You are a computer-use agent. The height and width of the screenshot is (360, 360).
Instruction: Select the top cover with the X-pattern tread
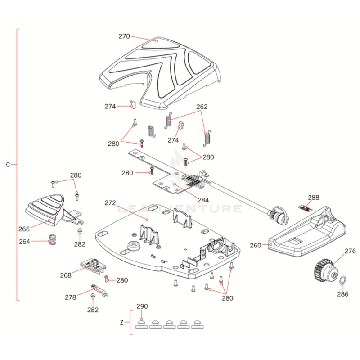point(162,67)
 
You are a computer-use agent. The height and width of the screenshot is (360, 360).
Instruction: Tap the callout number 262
point(202,107)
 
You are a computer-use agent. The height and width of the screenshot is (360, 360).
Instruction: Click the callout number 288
point(313,197)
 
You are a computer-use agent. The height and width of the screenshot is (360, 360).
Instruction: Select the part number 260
point(255,246)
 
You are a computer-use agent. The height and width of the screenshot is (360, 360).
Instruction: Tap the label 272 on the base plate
point(110,203)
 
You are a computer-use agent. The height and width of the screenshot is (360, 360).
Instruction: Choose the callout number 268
point(66,275)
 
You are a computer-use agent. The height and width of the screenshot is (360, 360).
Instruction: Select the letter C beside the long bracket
point(8,165)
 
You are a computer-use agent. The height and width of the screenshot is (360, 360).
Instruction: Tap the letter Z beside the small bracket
point(122,323)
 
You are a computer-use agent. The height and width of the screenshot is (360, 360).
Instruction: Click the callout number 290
point(142,306)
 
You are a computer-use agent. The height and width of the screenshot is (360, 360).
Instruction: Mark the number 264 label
point(25,242)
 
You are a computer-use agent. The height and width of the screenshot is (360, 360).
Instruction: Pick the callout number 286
point(343,295)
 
